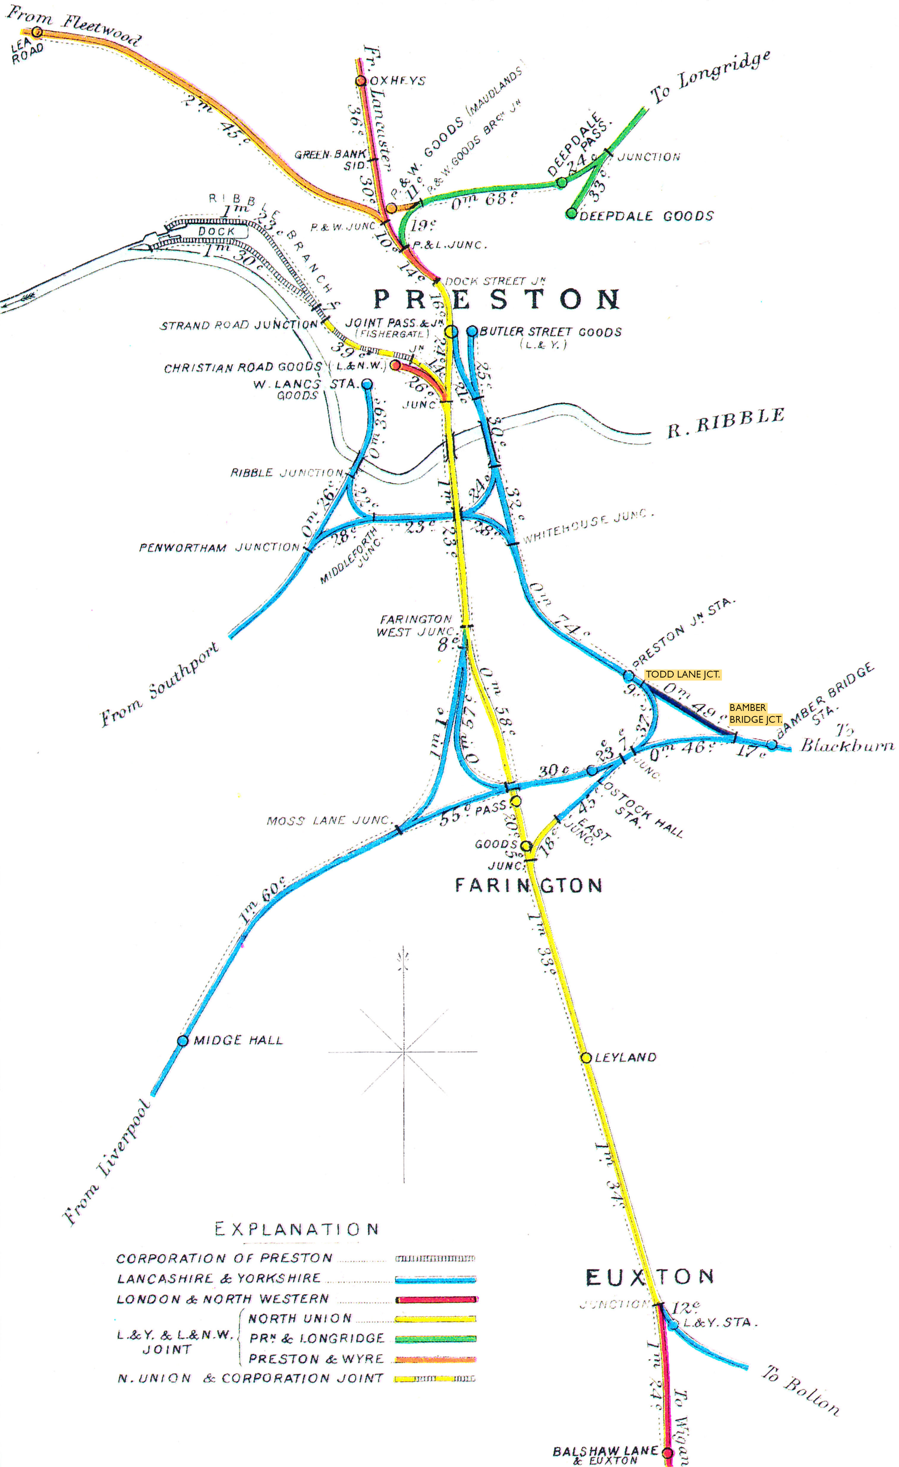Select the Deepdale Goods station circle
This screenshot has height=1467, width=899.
(x=571, y=213)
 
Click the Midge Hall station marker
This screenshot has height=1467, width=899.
(x=183, y=1041)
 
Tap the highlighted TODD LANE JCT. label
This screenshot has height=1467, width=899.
(x=682, y=675)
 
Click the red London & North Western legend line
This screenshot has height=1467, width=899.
(x=435, y=1299)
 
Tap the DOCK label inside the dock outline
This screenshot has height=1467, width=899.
(x=217, y=231)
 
